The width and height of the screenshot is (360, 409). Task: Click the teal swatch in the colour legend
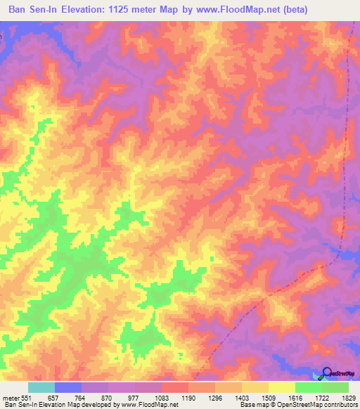tap(41, 387)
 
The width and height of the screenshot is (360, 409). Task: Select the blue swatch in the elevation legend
tap(68, 387)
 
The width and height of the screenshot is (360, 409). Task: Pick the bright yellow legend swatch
tap(282, 387)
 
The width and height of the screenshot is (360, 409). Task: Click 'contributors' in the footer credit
tap(339, 405)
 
